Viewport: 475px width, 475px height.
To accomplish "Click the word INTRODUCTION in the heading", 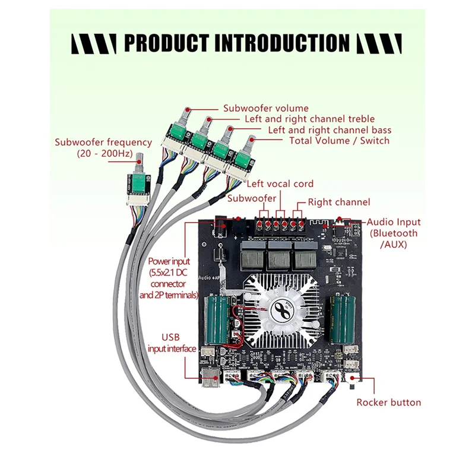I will click(281, 43).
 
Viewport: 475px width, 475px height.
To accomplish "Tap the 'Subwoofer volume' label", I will click(265, 108).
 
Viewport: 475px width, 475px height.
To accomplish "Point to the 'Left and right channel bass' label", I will click(330, 129).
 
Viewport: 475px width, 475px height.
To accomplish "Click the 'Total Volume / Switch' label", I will click(339, 140).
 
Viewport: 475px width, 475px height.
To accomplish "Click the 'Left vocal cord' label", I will click(280, 183).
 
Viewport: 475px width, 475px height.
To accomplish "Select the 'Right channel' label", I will click(339, 202).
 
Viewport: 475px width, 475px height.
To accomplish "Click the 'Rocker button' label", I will click(388, 402).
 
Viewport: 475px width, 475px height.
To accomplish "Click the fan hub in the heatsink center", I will click(282, 309).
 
